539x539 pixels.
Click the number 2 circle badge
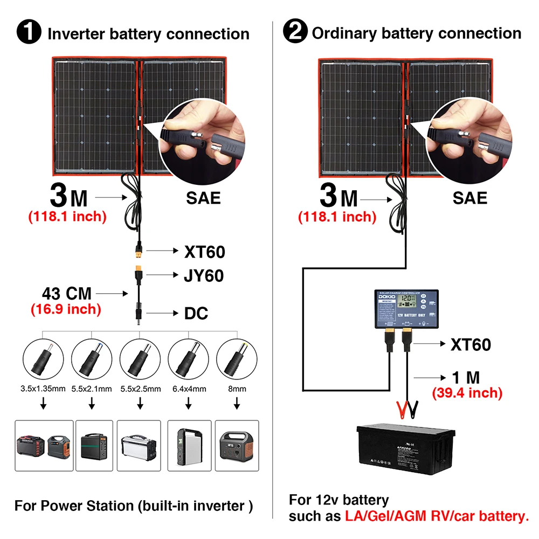295,33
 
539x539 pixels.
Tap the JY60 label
204,276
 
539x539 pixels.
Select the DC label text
196,313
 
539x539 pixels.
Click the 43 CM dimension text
66,294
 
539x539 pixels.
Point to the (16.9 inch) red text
65,309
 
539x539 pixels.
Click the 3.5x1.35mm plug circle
44,358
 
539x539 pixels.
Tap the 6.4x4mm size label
188,388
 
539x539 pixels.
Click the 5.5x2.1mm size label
92,388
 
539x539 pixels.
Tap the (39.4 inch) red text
467,393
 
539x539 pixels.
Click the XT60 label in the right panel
470,344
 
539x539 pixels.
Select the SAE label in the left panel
203,197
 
